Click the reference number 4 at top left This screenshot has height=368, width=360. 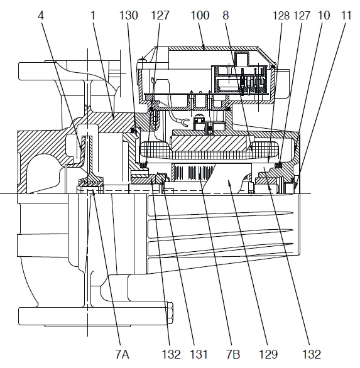41,16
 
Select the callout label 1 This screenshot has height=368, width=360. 93,16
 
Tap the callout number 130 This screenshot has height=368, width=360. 129,16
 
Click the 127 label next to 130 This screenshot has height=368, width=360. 160,16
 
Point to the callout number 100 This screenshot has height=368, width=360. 200,16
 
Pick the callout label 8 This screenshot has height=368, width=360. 226,16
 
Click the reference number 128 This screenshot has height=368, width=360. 281,16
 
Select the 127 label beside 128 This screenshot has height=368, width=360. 302,16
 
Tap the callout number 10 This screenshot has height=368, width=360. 324,16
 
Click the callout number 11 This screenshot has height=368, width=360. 346,16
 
